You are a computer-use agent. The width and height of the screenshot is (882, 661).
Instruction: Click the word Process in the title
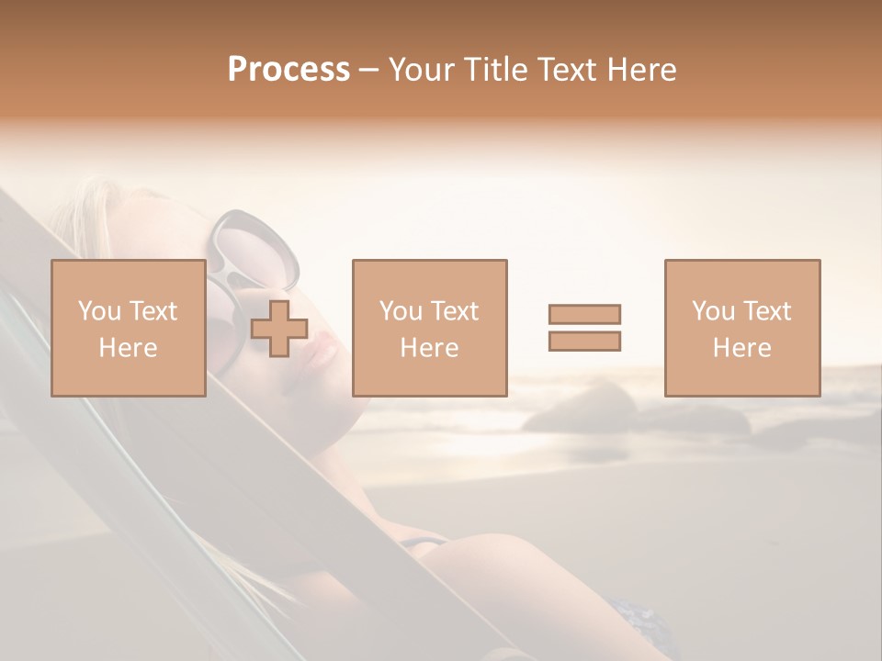coord(288,70)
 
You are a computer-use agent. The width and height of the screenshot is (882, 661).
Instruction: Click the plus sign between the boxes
coord(279,329)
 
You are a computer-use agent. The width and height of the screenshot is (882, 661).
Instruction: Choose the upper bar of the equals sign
coord(584,314)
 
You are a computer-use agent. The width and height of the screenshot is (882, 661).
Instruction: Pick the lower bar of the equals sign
coord(584,341)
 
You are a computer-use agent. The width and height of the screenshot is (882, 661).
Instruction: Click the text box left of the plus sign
coord(129,328)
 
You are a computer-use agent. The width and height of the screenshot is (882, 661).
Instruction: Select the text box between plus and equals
coord(430,328)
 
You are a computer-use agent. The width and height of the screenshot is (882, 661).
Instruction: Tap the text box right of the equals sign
coord(742,328)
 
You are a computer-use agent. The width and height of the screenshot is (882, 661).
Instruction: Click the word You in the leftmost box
coord(99,311)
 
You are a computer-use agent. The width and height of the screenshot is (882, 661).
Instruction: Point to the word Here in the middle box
coord(430,348)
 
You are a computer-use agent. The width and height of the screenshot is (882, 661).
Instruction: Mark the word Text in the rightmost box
coord(766,311)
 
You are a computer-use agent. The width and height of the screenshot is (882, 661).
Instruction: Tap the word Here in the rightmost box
coord(742,348)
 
